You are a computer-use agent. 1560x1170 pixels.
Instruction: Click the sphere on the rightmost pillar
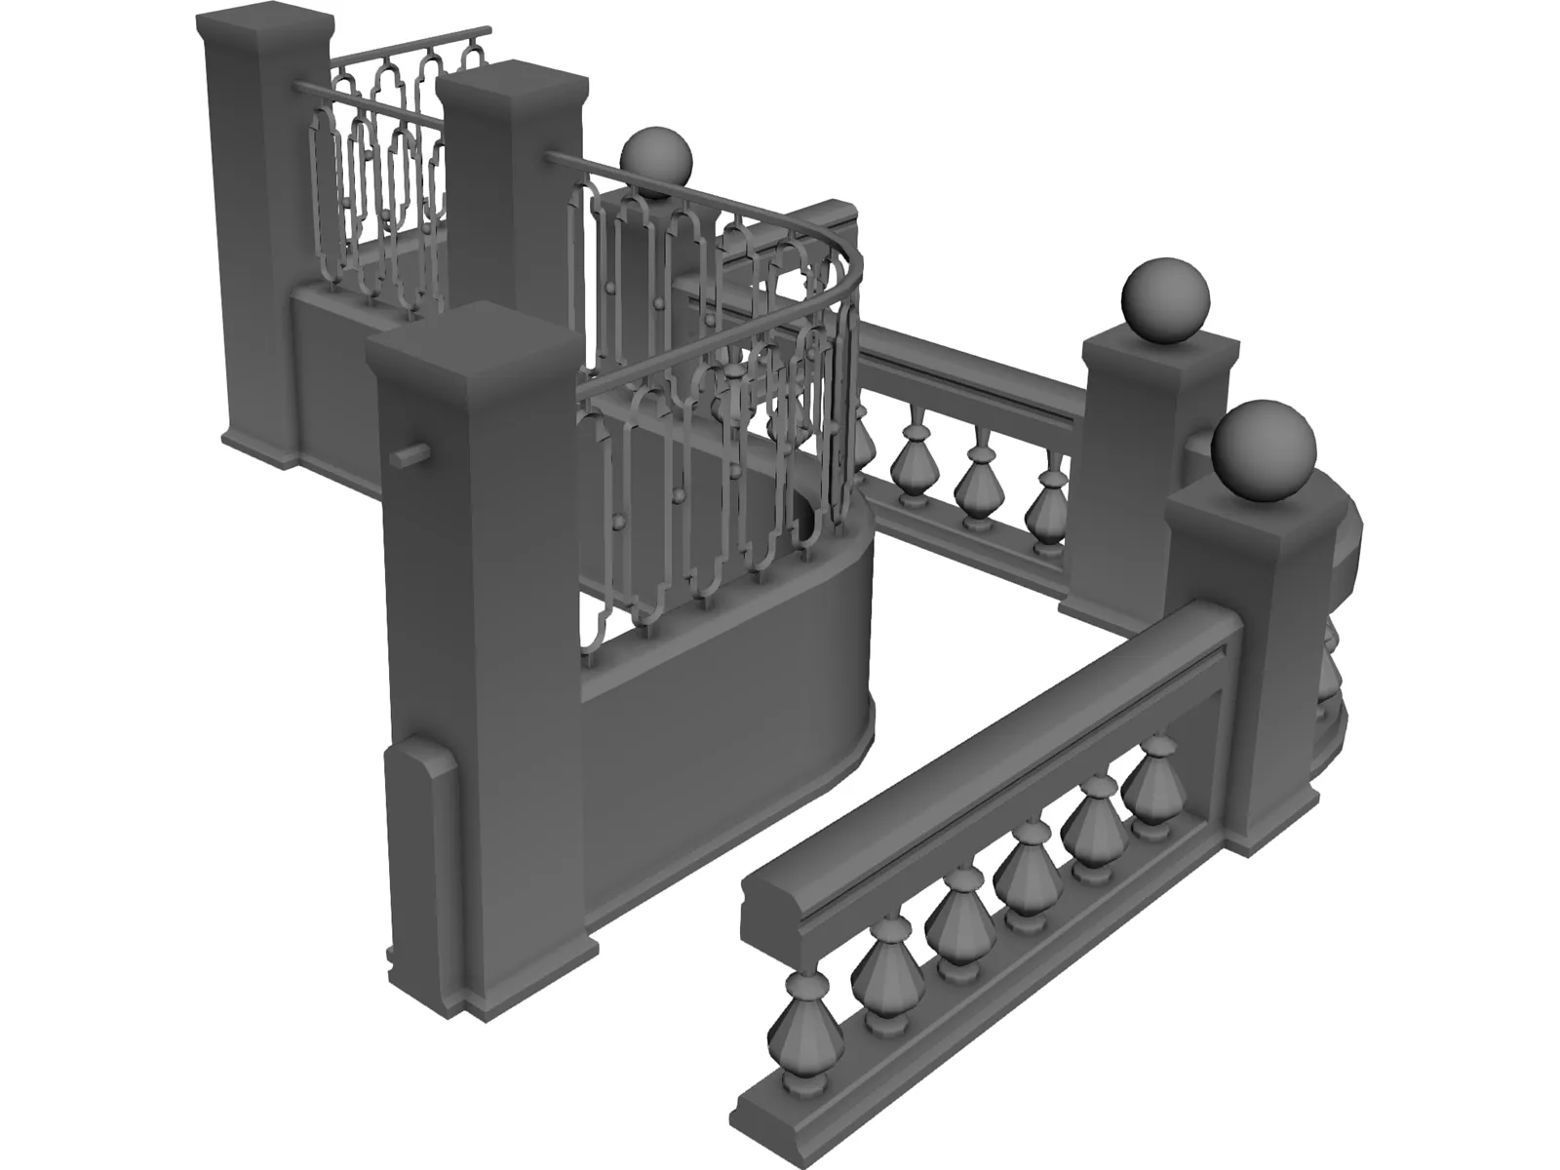[1264, 451]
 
